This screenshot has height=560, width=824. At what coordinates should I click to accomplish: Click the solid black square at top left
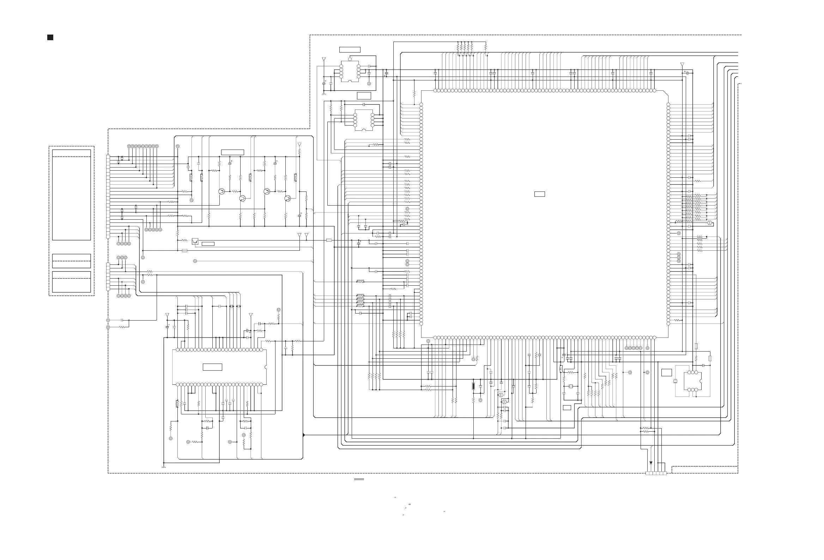[50, 38]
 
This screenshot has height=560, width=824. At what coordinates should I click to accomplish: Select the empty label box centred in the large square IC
[539, 194]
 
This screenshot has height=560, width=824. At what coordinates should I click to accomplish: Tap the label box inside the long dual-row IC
[212, 367]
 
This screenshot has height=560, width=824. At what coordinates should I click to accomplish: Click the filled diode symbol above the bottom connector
[650, 463]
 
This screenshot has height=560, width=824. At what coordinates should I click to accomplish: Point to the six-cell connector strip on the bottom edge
[656, 473]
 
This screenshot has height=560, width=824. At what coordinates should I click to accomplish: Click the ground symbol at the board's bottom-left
[164, 467]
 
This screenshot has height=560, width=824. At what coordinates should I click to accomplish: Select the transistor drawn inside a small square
[195, 241]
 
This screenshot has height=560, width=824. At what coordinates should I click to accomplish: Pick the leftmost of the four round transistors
[222, 191]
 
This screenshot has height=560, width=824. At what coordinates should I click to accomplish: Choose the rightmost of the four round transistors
[288, 198]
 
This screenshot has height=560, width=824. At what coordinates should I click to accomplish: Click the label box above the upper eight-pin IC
[350, 50]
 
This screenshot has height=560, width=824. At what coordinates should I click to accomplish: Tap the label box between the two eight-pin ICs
[364, 95]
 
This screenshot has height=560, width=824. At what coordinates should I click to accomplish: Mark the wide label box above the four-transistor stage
[232, 152]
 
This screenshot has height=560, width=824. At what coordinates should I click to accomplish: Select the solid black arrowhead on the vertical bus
[303, 435]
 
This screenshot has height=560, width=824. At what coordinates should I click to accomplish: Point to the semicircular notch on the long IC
[266, 367]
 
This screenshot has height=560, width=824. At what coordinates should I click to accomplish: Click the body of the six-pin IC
[692, 381]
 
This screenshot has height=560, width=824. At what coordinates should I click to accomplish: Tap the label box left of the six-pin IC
[667, 372]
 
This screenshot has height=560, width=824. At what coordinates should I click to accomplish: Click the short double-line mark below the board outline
[359, 479]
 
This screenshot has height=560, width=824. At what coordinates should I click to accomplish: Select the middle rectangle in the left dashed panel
[71, 261]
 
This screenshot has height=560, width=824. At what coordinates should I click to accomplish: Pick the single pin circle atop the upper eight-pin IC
[350, 59]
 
